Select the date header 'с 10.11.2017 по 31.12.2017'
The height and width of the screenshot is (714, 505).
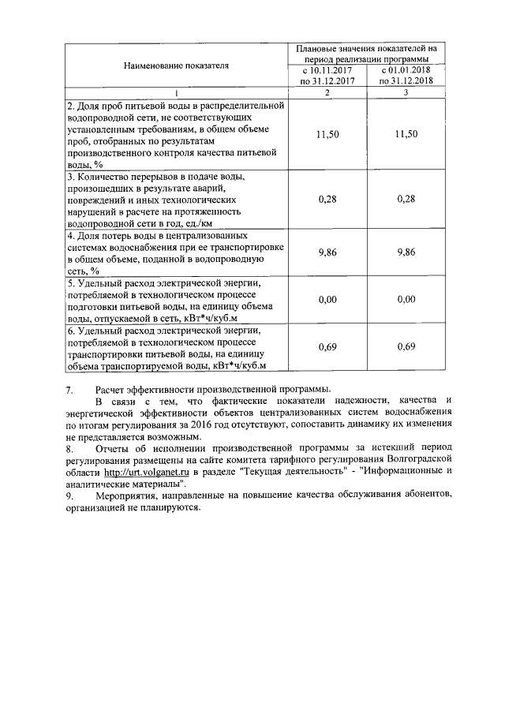coord(327,76)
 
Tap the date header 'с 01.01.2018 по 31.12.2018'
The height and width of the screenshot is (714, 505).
coord(406,76)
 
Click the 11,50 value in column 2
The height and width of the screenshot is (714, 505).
coord(327,135)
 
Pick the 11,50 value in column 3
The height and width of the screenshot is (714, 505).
coord(406,135)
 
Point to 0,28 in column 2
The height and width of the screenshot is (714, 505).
coord(327,199)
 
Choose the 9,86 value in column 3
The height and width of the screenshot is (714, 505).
coord(406,252)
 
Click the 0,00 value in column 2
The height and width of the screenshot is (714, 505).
coord(327,300)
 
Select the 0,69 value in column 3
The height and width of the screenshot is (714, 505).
coord(406,348)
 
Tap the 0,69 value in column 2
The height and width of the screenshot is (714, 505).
coord(327,348)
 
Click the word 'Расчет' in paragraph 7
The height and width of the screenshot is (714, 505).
coord(110,390)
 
